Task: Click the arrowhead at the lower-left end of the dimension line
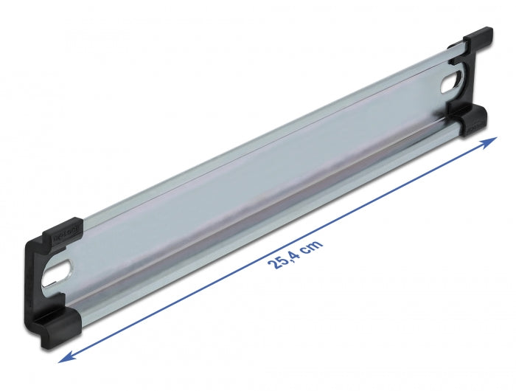coord(66,336)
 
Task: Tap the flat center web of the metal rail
coord(258,177)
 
